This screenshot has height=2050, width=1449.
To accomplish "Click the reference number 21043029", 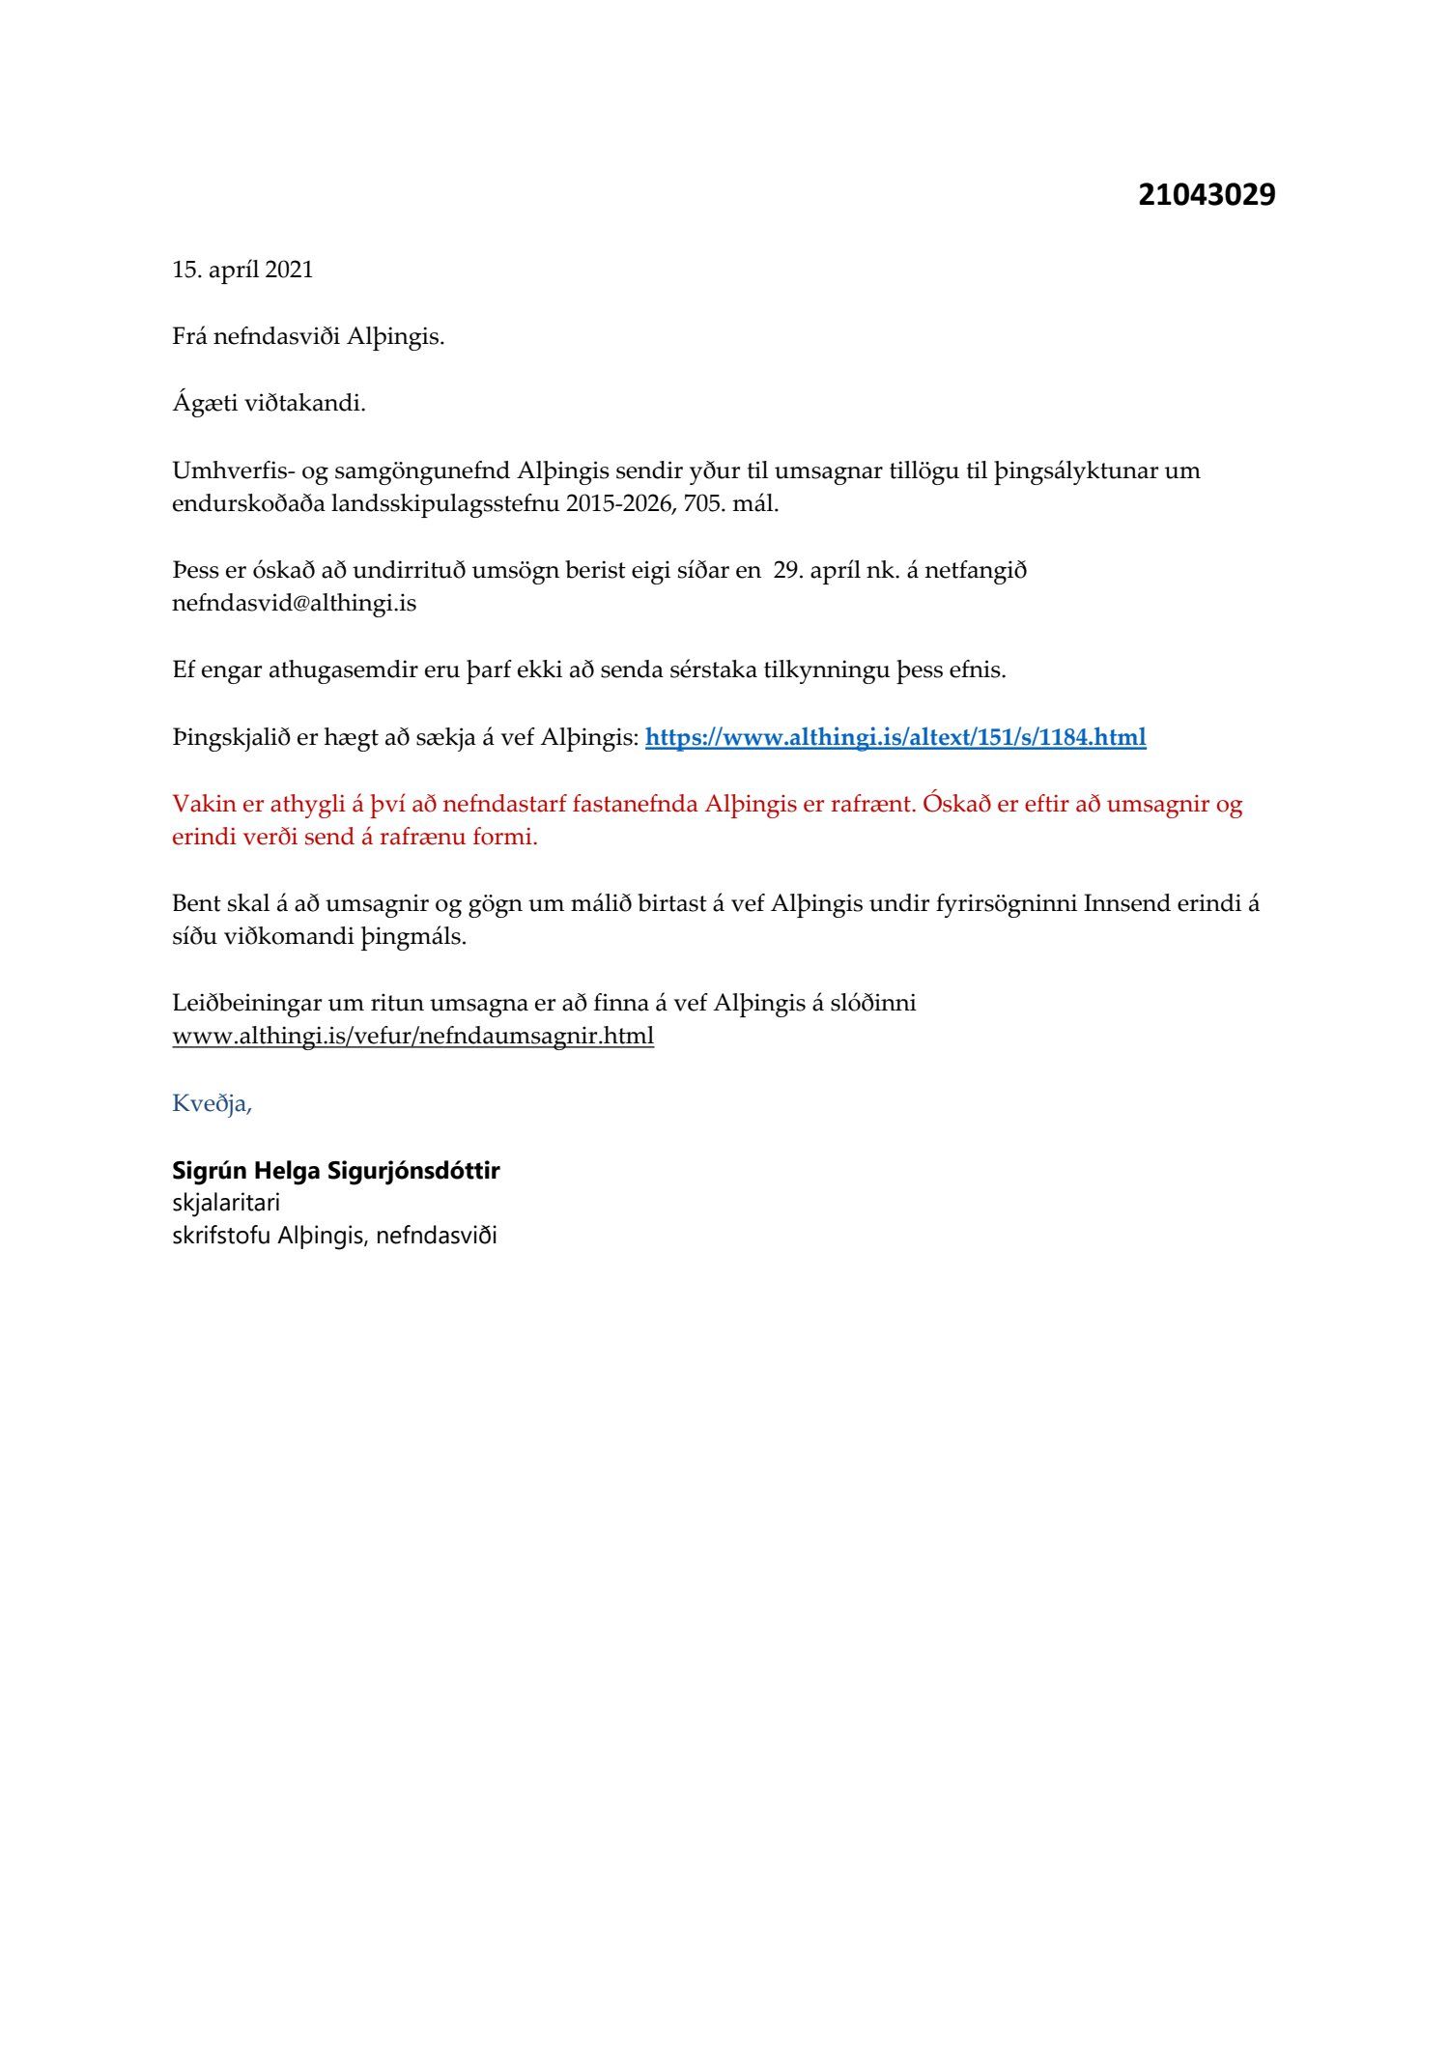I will (1206, 195).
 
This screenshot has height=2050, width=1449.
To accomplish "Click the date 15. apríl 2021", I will (242, 270).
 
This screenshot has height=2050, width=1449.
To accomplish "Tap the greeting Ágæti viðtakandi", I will (269, 403).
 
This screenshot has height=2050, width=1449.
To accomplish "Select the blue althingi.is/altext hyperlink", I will (895, 738).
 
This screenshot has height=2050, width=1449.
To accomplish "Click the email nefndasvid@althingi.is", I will (294, 604).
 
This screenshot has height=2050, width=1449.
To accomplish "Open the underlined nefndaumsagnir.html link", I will (412, 1037).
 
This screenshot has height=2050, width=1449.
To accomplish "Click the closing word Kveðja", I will (212, 1103).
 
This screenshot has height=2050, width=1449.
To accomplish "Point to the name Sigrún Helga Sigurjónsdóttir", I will (335, 1171).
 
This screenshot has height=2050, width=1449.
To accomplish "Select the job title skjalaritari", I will (226, 1204).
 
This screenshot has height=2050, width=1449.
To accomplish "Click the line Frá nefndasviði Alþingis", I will (308, 337).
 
